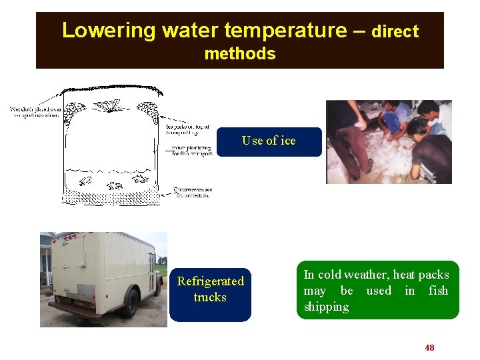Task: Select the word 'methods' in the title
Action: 240,54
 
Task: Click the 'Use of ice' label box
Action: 269,141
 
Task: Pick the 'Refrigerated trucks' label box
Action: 210,289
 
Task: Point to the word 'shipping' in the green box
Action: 326,307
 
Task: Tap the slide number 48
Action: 429,347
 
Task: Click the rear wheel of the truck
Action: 129,303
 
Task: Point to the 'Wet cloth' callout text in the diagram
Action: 35,112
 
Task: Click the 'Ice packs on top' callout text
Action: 189,128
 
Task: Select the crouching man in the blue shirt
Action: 393,120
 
